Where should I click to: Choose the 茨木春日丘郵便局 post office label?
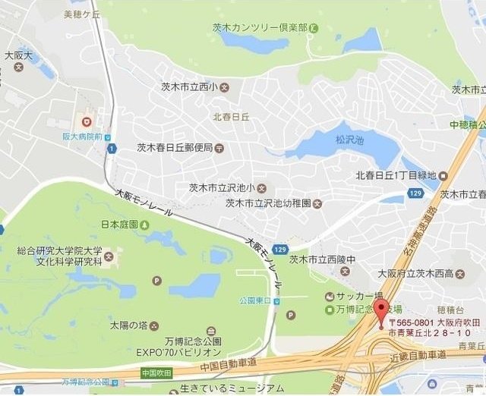175,148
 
